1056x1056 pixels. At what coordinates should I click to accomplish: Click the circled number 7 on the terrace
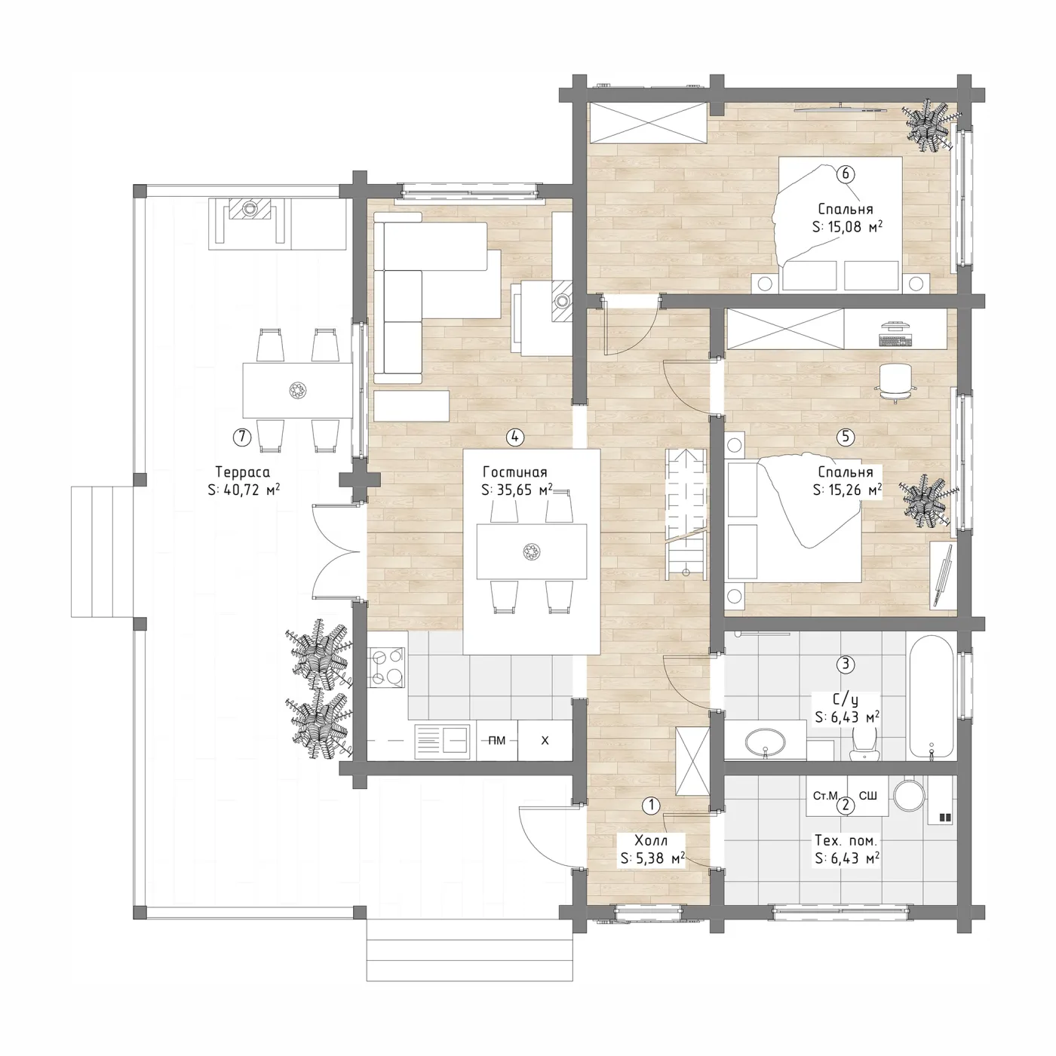click(241, 437)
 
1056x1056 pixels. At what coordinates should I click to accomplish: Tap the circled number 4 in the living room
click(514, 437)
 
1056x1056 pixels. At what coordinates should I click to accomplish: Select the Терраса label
click(242, 472)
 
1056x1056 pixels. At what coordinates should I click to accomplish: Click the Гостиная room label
click(514, 472)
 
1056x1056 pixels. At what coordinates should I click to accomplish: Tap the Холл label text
click(651, 840)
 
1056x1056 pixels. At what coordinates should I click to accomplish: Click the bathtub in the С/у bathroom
click(932, 697)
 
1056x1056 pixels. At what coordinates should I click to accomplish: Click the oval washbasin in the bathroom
click(766, 742)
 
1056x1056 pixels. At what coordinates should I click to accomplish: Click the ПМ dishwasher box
click(497, 741)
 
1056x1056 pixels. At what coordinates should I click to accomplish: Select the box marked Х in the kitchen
click(545, 741)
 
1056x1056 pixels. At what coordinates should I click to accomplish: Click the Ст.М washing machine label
click(825, 795)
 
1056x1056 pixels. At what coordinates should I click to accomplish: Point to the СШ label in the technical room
click(868, 795)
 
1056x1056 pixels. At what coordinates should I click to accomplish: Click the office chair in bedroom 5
click(895, 383)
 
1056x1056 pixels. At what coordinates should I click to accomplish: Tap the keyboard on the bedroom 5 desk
click(895, 341)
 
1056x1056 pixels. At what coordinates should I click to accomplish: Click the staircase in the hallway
click(686, 514)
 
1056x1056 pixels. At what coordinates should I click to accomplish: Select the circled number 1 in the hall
click(651, 805)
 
